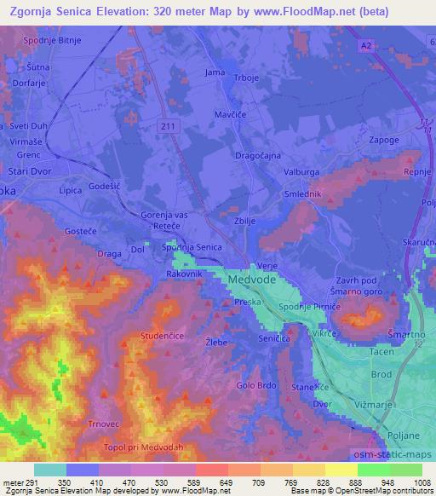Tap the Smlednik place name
(304, 194)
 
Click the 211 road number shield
(173, 126)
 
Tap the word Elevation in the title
(141, 12)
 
